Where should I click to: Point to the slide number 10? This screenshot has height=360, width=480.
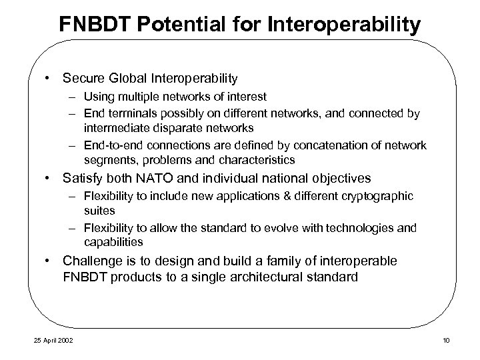click(x=446, y=341)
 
